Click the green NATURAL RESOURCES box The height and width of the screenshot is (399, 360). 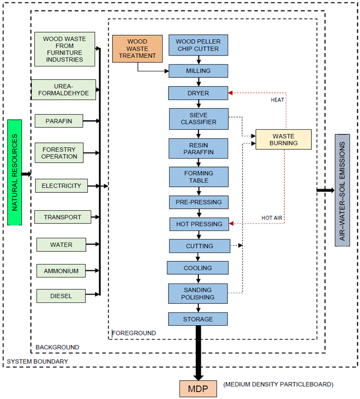[15, 172]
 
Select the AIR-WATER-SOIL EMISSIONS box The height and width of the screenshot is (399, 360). [342, 189]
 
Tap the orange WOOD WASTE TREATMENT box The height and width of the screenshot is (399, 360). [137, 49]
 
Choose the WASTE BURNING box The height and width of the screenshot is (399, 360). [283, 139]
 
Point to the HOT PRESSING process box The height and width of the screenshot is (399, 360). [199, 224]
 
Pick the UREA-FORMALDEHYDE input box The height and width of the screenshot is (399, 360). [63, 90]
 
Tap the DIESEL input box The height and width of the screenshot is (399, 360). [61, 296]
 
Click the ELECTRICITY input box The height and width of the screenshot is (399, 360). [61, 186]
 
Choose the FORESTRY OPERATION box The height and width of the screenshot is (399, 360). [59, 153]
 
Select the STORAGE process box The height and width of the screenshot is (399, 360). [198, 319]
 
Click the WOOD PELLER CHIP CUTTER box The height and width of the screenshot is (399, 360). [198, 45]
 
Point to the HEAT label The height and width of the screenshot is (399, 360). [278, 100]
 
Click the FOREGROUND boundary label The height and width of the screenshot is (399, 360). [134, 333]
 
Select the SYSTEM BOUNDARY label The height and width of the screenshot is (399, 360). [38, 361]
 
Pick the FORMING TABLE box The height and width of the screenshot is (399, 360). [199, 177]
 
